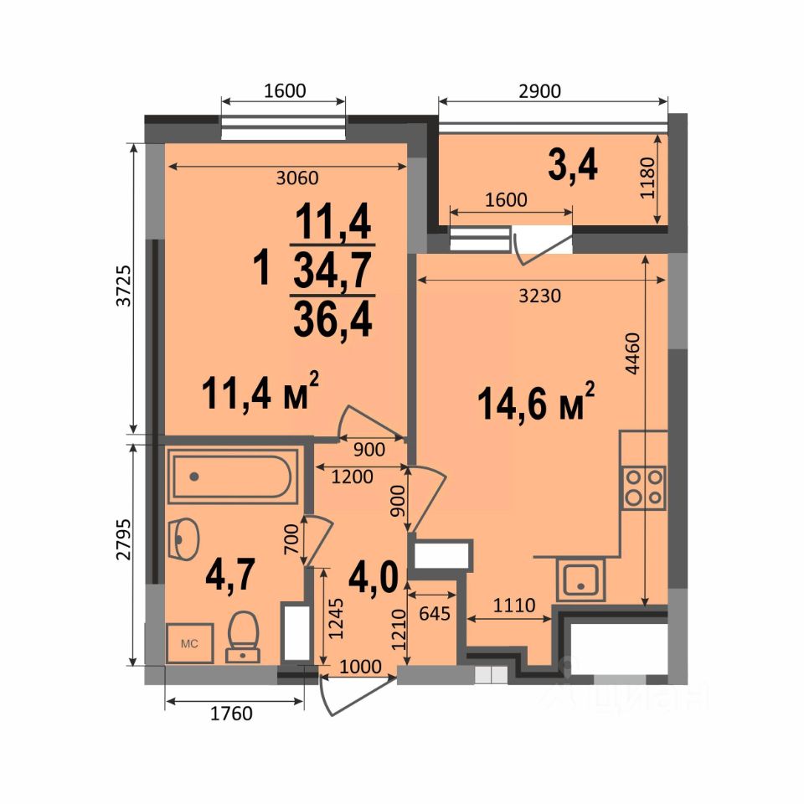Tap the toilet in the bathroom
pyautogui.click(x=243, y=636)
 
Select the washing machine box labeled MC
pyautogui.click(x=190, y=643)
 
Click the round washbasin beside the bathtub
pyautogui.click(x=183, y=539)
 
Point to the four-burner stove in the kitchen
pyautogui.click(x=644, y=488)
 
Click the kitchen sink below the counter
pyautogui.click(x=581, y=580)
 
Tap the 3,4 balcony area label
pyautogui.click(x=573, y=166)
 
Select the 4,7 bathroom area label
pyautogui.click(x=230, y=575)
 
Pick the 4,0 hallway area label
pyautogui.click(x=374, y=577)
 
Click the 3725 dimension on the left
pyautogui.click(x=124, y=286)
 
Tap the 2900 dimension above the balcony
pyautogui.click(x=539, y=91)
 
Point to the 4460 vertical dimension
pyautogui.click(x=633, y=353)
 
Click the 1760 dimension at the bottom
pyautogui.click(x=231, y=714)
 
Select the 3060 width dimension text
pyautogui.click(x=296, y=178)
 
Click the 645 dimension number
pyautogui.click(x=435, y=613)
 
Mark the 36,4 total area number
pyautogui.click(x=332, y=319)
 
